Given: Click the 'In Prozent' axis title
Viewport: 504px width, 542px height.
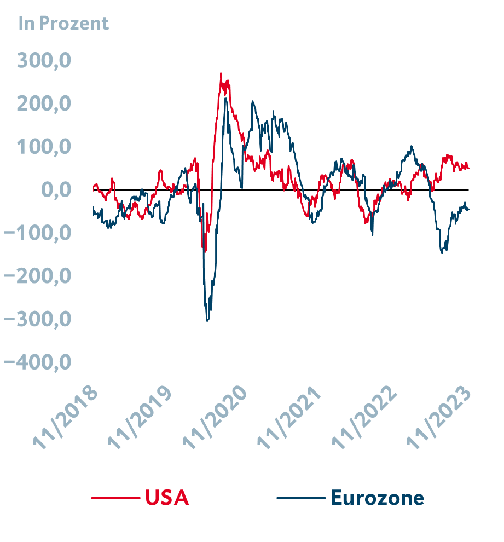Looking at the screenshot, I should click(63, 24).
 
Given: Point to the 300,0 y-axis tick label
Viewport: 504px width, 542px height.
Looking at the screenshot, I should click(44, 60).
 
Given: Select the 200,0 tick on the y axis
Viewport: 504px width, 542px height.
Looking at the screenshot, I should click(44, 103).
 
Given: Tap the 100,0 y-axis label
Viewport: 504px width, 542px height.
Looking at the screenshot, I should click(44, 147).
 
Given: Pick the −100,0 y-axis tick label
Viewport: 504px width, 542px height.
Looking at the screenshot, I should click(37, 233).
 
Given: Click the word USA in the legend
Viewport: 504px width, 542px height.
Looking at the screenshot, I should click(167, 498).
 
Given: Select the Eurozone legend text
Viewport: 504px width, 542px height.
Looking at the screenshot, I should click(377, 498).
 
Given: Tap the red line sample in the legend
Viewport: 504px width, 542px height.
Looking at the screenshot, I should click(115, 498).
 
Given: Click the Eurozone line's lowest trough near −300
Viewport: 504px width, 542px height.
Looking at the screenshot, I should click(207, 320).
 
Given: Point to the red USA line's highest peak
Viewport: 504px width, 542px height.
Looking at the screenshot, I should click(221, 73).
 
